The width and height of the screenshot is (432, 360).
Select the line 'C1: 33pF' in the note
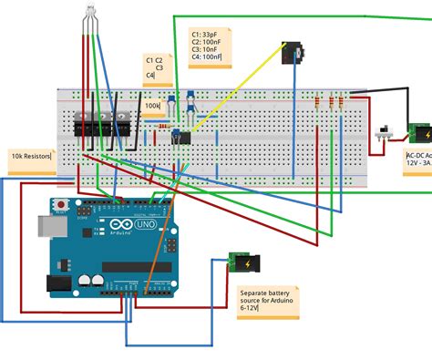click(x=205, y=34)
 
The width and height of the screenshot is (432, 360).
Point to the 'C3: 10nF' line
click(x=205, y=49)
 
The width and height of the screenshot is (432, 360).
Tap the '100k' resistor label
click(x=152, y=106)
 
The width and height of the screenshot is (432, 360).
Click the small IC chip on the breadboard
click(x=182, y=138)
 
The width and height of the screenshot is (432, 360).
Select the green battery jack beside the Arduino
click(x=242, y=263)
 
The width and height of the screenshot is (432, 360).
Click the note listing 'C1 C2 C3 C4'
click(x=154, y=66)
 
